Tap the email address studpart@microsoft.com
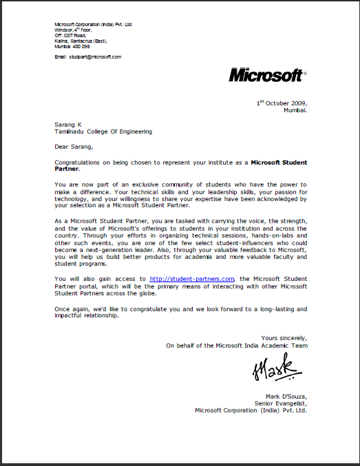(x=96, y=56)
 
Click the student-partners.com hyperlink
(x=193, y=277)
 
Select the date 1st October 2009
(x=282, y=103)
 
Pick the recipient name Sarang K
(x=68, y=125)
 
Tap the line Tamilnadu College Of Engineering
(x=103, y=131)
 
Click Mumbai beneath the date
(x=295, y=109)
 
